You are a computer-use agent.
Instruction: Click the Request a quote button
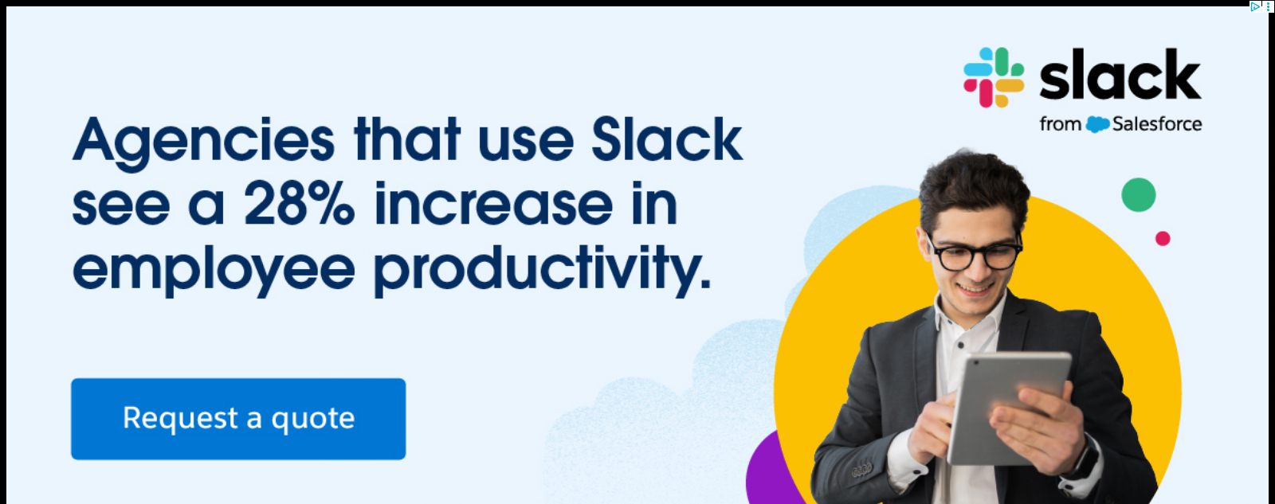(238, 419)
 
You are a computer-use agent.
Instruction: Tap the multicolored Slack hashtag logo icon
(994, 77)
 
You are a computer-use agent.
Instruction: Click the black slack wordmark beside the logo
(1120, 75)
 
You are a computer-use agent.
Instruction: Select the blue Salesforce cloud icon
(1096, 124)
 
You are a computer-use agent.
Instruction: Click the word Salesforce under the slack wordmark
(1157, 124)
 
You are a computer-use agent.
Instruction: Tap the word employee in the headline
(214, 270)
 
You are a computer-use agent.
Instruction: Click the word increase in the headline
(493, 203)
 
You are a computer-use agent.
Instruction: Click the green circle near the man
(1139, 194)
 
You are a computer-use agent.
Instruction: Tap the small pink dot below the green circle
(1163, 238)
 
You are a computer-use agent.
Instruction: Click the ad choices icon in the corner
(1254, 6)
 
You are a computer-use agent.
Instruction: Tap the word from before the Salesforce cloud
(1060, 124)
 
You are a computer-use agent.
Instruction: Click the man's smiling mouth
(975, 289)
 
